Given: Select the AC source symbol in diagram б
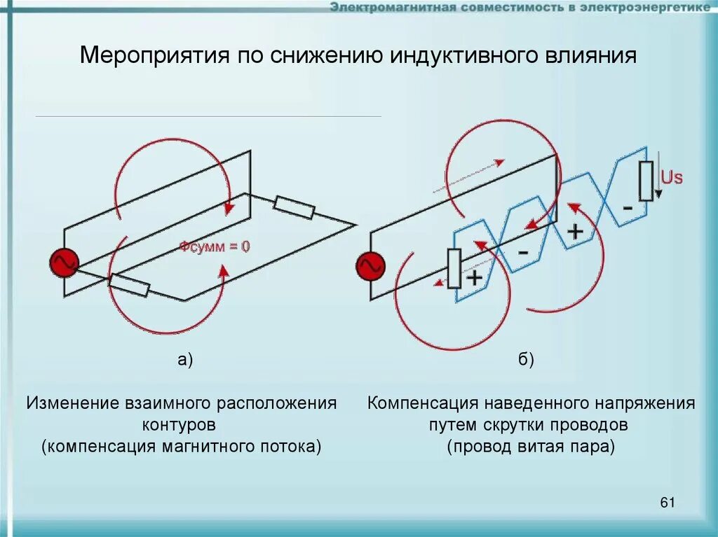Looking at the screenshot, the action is tap(371, 266).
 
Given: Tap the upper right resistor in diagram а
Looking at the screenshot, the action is tap(294, 208).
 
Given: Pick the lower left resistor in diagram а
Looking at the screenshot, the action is tap(129, 285).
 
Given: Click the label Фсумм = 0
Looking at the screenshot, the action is tap(214, 246).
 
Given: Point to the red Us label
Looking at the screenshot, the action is tap(671, 177).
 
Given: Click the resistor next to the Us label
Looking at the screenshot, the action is tap(646, 181).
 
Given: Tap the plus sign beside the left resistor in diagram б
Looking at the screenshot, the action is tap(475, 278).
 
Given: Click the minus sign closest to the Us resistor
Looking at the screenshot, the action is tap(628, 209).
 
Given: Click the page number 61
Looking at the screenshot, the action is tap(667, 502).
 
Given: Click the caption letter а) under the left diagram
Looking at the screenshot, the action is tap(184, 361).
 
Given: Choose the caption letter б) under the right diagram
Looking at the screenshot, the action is tap(527, 361).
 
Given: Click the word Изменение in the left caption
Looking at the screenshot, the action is tap(74, 404).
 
